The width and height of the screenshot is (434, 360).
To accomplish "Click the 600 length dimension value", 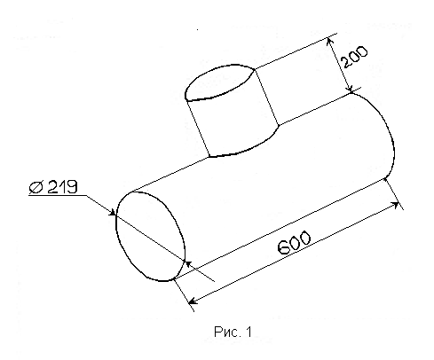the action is [x=295, y=243].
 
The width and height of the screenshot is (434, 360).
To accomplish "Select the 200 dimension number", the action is [x=354, y=57].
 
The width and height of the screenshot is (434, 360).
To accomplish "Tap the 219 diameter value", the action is [x=62, y=186].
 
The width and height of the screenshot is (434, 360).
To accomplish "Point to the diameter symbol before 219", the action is [x=36, y=187].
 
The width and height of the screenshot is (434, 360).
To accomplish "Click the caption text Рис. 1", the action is [x=233, y=332].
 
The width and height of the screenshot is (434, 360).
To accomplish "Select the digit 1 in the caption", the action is [x=249, y=332].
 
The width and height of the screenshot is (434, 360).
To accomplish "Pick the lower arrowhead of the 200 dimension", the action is [x=350, y=88].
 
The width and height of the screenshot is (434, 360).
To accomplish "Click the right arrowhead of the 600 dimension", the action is [x=394, y=205].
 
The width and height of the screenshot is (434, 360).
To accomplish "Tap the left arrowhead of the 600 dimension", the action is [x=193, y=301].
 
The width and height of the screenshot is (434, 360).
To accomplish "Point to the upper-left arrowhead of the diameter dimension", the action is [x=112, y=212].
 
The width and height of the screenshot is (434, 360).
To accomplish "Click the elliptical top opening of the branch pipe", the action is [x=219, y=82].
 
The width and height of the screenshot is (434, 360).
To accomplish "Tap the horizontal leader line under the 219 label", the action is [x=58, y=195].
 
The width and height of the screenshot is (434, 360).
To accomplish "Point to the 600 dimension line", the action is [x=294, y=253].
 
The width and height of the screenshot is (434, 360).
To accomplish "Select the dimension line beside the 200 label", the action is [x=340, y=65].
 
